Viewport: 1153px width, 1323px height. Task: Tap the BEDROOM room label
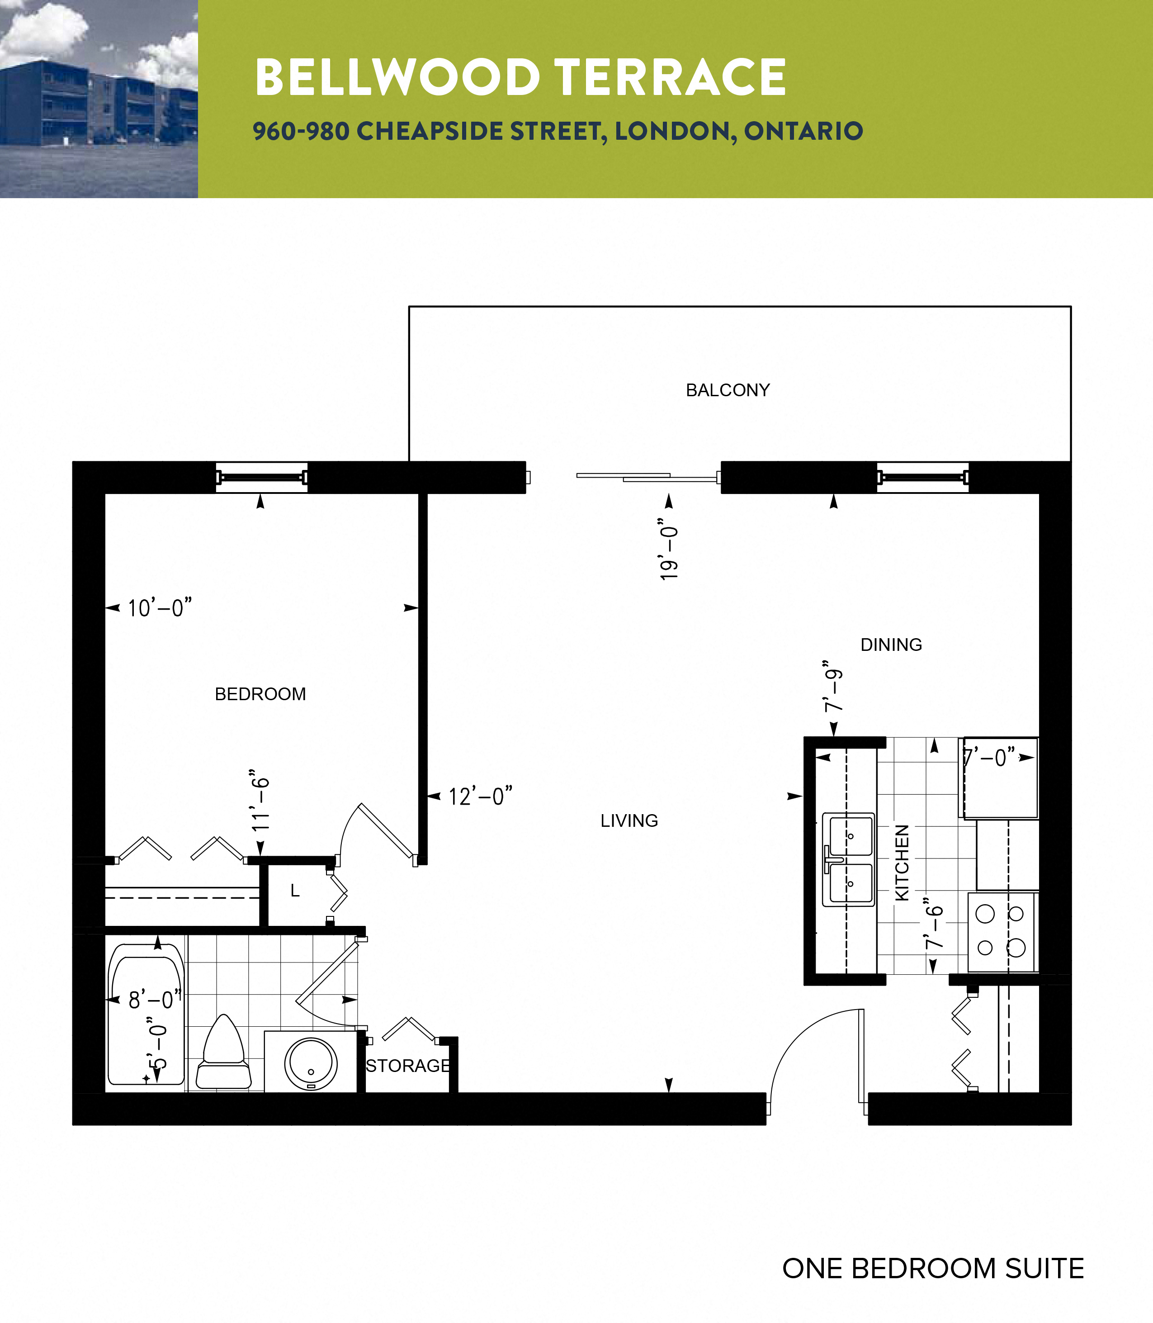[260, 694]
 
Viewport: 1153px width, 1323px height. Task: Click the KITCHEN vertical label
[902, 862]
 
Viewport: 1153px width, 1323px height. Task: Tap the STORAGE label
[407, 1066]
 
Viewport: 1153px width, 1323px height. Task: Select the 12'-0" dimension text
[480, 797]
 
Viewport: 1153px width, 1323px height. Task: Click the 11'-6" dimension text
[260, 800]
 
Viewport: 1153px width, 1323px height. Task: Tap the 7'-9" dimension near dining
[834, 686]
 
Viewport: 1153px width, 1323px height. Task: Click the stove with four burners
[1001, 931]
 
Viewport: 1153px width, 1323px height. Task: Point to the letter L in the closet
[295, 891]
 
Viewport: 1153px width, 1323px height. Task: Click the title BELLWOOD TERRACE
[520, 77]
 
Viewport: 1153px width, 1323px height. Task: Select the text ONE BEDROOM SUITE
[932, 1268]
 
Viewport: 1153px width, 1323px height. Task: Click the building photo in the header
[99, 99]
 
